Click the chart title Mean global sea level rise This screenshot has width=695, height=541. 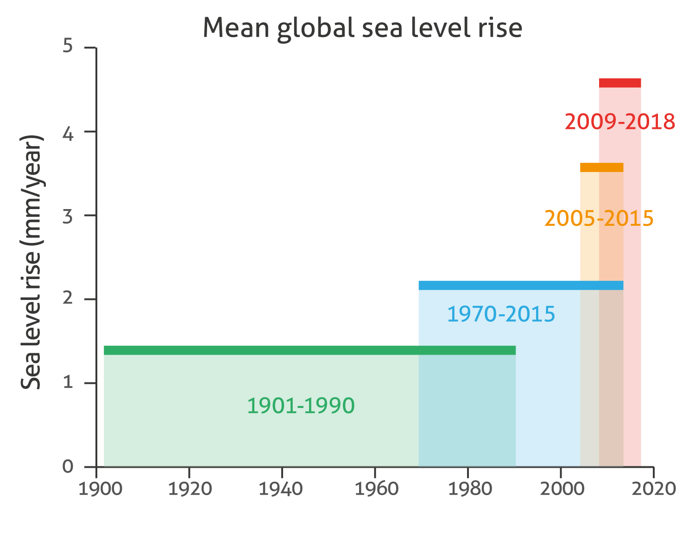(x=362, y=28)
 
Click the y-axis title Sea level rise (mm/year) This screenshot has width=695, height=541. (x=32, y=262)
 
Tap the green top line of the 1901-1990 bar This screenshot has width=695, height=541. (x=310, y=350)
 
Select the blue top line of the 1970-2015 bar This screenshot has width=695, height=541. (x=521, y=285)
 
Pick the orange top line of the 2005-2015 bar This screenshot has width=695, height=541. (x=601, y=167)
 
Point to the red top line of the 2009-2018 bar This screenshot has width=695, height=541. (x=620, y=83)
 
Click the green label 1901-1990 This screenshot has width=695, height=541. (x=301, y=406)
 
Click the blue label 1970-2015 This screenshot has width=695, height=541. (x=501, y=314)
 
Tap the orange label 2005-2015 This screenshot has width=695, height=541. (x=599, y=218)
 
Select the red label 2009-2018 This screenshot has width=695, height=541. (x=620, y=122)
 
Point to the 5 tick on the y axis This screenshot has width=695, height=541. (x=68, y=47)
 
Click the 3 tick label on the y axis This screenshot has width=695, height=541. (x=68, y=216)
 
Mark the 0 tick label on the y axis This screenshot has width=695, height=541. (x=68, y=467)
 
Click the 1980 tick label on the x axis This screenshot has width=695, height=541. (x=468, y=489)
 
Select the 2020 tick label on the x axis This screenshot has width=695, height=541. (x=653, y=489)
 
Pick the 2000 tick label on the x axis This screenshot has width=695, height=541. (x=561, y=489)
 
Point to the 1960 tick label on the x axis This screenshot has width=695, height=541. (x=375, y=489)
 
